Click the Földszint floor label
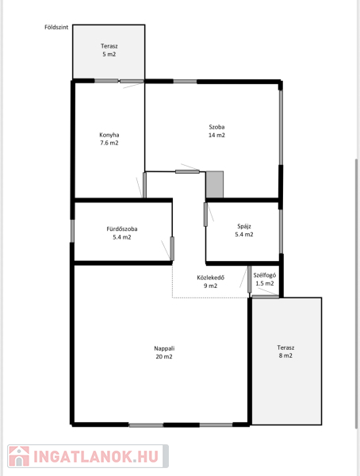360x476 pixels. click(56, 27)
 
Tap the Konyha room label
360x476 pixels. click(109, 135)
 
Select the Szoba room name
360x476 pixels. click(216, 127)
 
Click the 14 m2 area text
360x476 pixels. click(216, 135)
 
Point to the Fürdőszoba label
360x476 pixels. click(122, 229)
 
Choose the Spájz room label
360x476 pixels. click(244, 226)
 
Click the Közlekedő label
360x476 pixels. click(211, 278)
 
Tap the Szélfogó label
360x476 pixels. click(265, 275)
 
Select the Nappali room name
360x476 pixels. click(164, 348)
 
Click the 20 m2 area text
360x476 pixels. click(164, 357)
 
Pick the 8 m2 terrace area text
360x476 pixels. click(285, 355)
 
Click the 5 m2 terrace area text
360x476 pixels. click(109, 54)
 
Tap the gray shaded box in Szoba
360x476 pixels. click(215, 184)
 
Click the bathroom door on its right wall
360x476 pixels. click(172, 248)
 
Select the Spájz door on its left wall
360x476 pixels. click(205, 214)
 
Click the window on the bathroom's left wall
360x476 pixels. click(72, 231)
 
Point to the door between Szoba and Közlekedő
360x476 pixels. click(187, 172)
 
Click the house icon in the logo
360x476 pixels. click(19, 456)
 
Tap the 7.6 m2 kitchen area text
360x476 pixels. click(109, 143)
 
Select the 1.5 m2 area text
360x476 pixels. click(265, 283)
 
